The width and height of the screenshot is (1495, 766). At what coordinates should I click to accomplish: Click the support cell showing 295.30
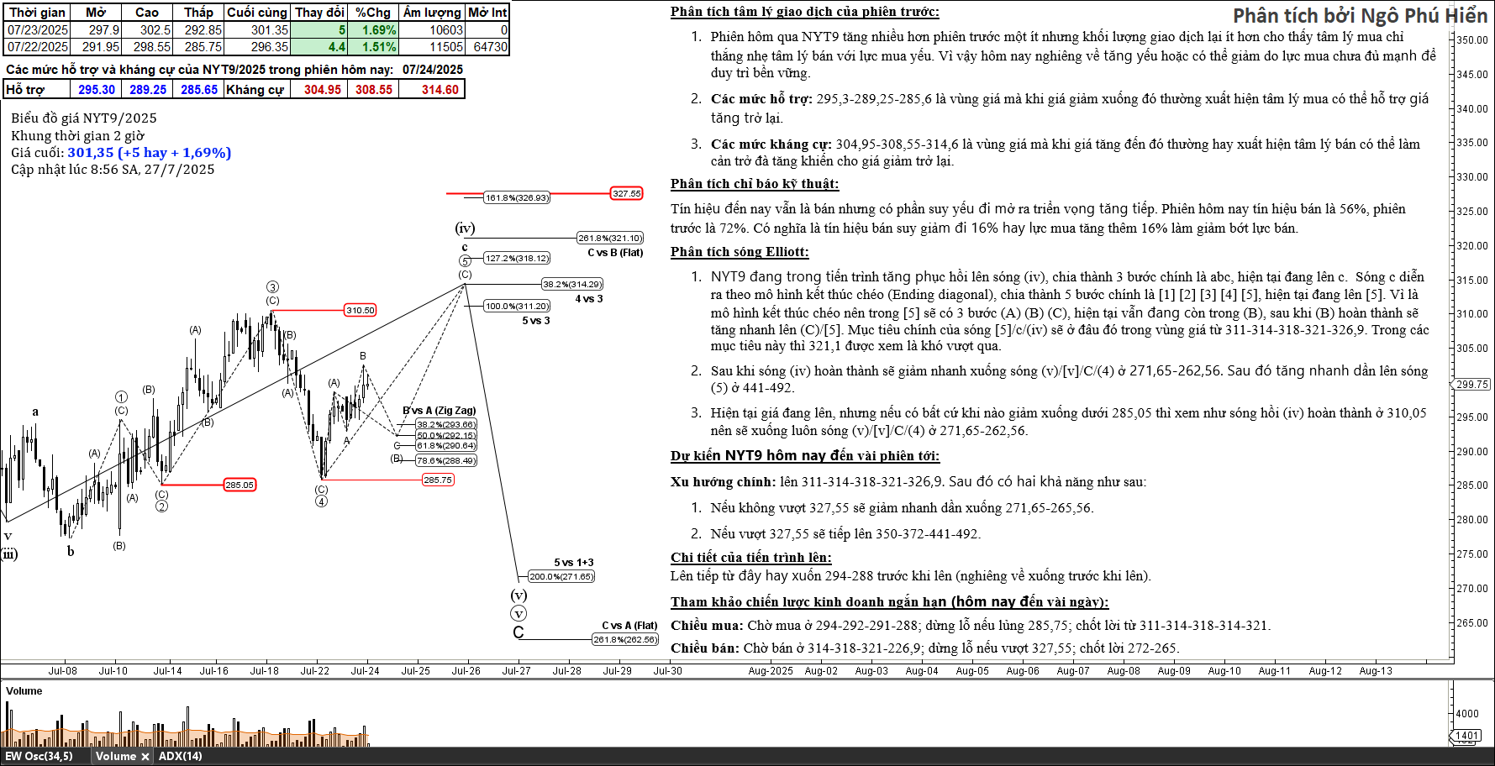(x=97, y=90)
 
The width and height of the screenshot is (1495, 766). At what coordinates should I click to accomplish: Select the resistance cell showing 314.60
(x=440, y=90)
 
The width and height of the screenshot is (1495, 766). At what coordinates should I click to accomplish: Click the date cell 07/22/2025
(x=38, y=47)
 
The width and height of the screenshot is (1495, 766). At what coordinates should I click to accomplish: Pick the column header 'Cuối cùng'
(x=257, y=13)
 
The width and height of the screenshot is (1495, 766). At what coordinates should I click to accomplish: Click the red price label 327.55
(x=626, y=193)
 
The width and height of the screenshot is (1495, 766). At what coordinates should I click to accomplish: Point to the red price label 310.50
(x=361, y=310)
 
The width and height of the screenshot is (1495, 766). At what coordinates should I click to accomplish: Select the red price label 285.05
(x=240, y=485)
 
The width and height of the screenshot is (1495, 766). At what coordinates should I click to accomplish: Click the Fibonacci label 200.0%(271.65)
(x=561, y=576)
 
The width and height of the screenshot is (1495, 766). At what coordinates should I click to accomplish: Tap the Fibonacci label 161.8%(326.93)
(x=517, y=197)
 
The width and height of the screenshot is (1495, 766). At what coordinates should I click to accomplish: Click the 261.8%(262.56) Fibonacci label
(x=625, y=639)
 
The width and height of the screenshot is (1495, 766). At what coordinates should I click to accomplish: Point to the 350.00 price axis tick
(x=1471, y=39)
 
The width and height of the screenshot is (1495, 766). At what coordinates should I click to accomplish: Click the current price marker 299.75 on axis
(x=1471, y=384)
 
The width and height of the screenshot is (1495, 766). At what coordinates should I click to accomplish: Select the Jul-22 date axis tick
(x=315, y=670)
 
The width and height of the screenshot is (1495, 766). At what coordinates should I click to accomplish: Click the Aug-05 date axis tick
(x=972, y=670)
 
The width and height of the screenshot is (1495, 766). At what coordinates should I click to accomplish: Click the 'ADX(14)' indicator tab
(x=181, y=756)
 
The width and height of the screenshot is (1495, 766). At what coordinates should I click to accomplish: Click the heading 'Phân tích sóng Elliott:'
(x=740, y=252)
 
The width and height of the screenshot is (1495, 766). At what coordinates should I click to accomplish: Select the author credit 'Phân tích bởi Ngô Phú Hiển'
(x=1360, y=15)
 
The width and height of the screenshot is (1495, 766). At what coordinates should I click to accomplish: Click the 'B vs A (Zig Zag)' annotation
(x=440, y=411)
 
